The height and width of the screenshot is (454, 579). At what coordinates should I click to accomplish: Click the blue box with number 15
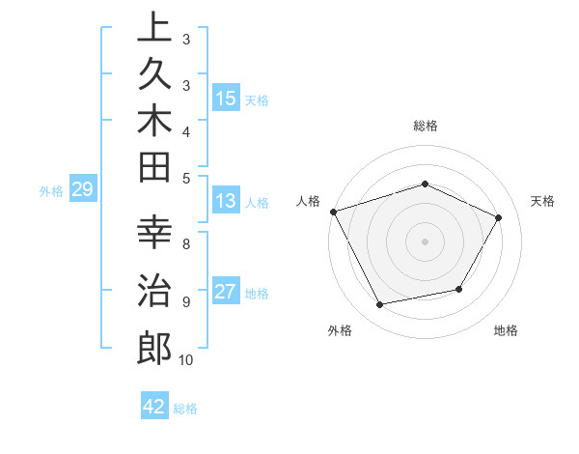click(x=226, y=99)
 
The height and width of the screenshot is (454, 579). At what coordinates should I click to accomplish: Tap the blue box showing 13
click(x=226, y=202)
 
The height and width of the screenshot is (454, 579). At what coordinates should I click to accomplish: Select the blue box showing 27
click(x=226, y=292)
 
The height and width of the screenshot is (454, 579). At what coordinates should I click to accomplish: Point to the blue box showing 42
click(x=154, y=407)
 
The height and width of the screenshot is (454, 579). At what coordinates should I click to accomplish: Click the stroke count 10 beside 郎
click(x=186, y=360)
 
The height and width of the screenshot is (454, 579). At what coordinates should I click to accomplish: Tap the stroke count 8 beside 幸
click(x=185, y=244)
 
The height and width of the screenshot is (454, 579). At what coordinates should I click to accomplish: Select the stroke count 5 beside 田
click(x=185, y=178)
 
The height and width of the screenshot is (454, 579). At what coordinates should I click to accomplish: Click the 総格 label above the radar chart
click(x=425, y=126)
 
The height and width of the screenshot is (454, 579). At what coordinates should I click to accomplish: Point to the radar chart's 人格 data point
click(x=333, y=212)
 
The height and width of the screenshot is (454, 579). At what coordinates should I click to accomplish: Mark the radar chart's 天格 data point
click(x=498, y=217)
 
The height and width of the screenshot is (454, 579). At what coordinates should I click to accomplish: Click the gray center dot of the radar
click(x=425, y=241)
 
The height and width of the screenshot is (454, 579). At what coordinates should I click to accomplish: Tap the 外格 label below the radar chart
click(x=340, y=330)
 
